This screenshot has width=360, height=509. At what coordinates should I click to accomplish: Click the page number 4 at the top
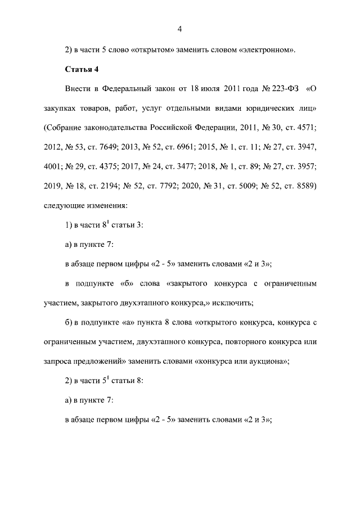click(179, 29)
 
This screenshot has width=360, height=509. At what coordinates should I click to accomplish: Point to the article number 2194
click(121, 186)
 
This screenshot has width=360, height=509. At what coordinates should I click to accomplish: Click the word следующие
click(65, 205)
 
